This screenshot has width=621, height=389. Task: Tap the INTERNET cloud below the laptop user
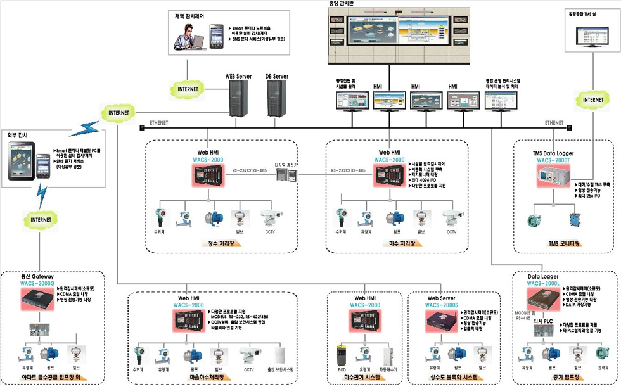coord(187,89)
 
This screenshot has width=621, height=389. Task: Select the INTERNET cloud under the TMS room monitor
coord(593,99)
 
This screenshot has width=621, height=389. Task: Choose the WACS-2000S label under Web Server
coord(441,305)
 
